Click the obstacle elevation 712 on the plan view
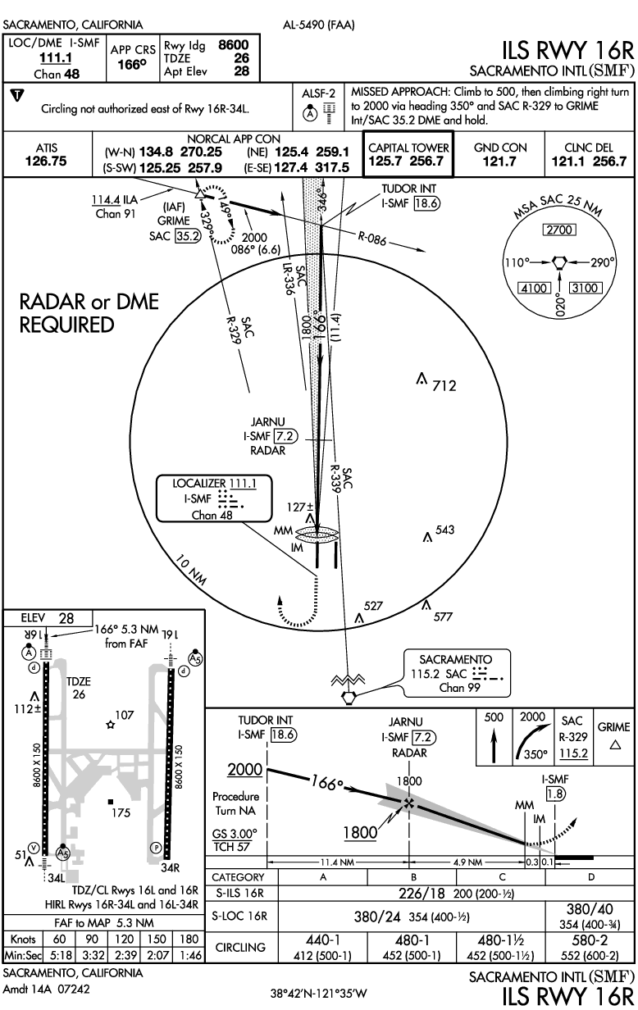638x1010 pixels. (444, 384)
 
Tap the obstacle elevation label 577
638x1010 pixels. (444, 616)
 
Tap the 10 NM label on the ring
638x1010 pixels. (194, 570)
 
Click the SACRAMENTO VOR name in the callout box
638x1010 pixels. (455, 659)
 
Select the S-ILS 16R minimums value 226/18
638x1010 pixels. (399, 893)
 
